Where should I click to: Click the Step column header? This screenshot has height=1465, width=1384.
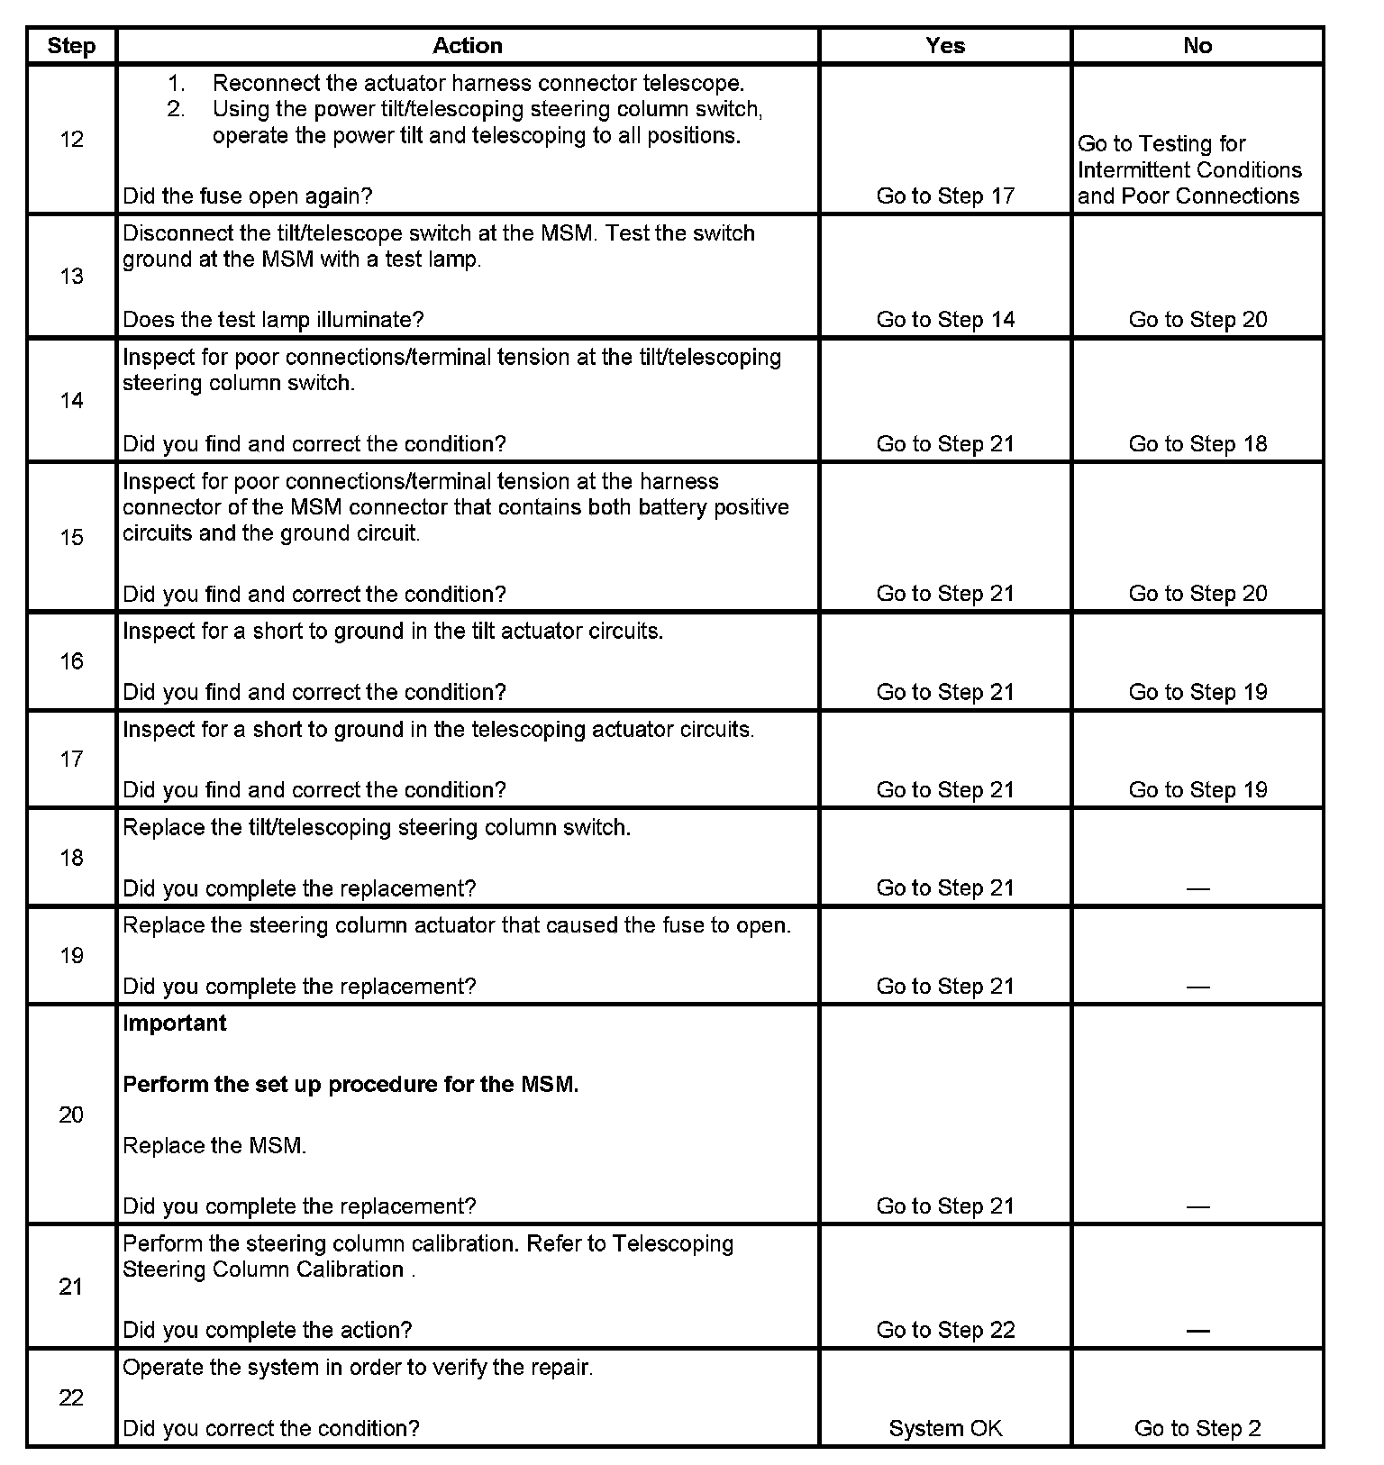(71, 46)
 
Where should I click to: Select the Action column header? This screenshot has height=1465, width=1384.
(468, 46)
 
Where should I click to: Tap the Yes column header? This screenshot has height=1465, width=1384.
(945, 46)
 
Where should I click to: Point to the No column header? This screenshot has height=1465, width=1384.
(1197, 46)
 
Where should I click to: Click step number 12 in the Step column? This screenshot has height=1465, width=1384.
(71, 140)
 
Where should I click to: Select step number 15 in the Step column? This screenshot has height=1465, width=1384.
(71, 538)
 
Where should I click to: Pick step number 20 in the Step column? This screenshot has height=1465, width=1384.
(71, 1115)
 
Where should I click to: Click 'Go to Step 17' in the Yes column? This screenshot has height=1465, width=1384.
(945, 196)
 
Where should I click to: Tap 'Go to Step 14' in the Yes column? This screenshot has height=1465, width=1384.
(945, 320)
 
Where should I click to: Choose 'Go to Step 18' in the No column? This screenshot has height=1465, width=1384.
(1197, 444)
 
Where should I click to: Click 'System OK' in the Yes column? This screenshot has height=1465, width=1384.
(945, 1429)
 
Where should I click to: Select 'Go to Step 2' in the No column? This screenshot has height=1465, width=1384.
(1197, 1429)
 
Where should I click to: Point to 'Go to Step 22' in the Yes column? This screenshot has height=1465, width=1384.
(945, 1331)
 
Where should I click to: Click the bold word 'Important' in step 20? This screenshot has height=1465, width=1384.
(175, 1024)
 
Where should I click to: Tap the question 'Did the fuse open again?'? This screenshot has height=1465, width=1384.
(248, 196)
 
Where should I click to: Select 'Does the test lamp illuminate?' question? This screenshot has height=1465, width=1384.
(273, 320)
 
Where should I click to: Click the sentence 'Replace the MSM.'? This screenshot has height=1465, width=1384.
(214, 1146)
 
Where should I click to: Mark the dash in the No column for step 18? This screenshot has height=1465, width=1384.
(1197, 889)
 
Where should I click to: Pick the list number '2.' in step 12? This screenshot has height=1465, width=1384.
(176, 110)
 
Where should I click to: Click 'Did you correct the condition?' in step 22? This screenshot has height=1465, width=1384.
(271, 1429)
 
